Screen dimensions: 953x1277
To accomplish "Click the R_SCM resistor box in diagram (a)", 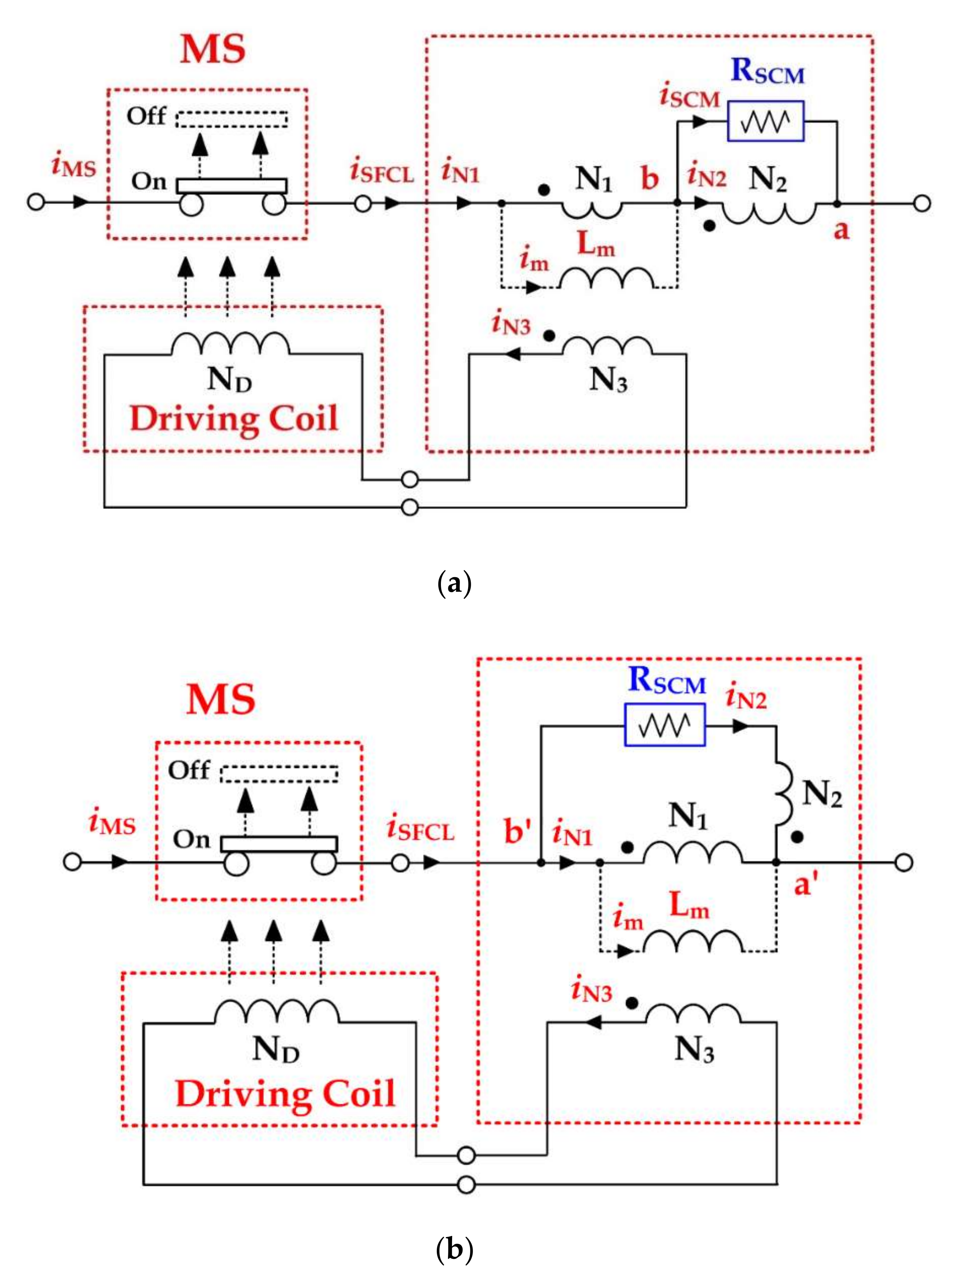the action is (x=765, y=121).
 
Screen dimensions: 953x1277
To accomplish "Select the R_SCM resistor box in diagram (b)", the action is (x=665, y=724).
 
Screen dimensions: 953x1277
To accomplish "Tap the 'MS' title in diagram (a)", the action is (x=213, y=49).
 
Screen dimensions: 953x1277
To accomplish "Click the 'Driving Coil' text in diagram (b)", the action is (x=285, y=1094).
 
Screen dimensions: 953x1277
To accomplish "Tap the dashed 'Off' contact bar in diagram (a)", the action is (x=232, y=119).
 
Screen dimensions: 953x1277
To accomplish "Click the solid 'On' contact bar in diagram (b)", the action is (x=279, y=844).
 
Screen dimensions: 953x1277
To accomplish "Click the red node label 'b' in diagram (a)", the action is (x=650, y=179).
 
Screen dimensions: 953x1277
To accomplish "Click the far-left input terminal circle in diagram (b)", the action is (x=72, y=862).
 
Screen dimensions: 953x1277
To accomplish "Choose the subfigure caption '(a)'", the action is (x=455, y=584).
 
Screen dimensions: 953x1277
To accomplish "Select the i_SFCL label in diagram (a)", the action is (x=382, y=173).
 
